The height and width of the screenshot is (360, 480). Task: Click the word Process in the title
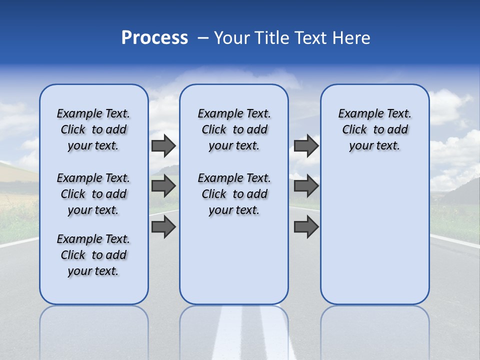coord(154,38)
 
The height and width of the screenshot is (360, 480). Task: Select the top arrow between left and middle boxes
coord(163,145)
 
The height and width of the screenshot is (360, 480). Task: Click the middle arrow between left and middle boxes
coord(163,186)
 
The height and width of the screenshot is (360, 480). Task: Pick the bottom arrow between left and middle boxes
coord(163,227)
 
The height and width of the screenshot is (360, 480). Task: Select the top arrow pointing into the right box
coord(306,145)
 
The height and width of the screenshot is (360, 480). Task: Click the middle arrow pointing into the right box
coord(306,186)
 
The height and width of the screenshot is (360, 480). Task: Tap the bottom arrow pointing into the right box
coord(306,227)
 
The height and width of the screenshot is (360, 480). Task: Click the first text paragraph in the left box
coord(93,129)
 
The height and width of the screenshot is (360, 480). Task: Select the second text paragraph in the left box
coord(93,194)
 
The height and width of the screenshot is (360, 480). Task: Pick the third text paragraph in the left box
coord(93,255)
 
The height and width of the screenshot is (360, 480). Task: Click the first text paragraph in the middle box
coord(234,129)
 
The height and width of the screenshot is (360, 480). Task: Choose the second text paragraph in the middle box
coord(234,194)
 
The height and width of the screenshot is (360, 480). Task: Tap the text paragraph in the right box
coord(374,129)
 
